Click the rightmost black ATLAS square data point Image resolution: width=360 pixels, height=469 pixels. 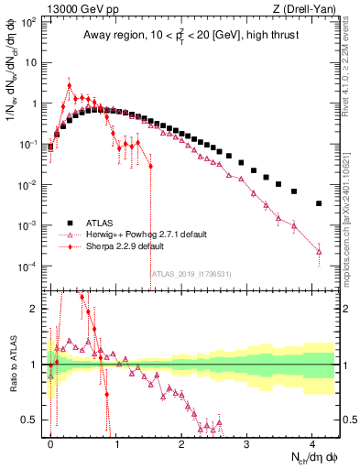click(319, 203)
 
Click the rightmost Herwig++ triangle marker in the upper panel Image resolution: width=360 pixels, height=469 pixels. click(319, 251)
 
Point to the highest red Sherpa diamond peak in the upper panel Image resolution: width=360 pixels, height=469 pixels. click(70, 85)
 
